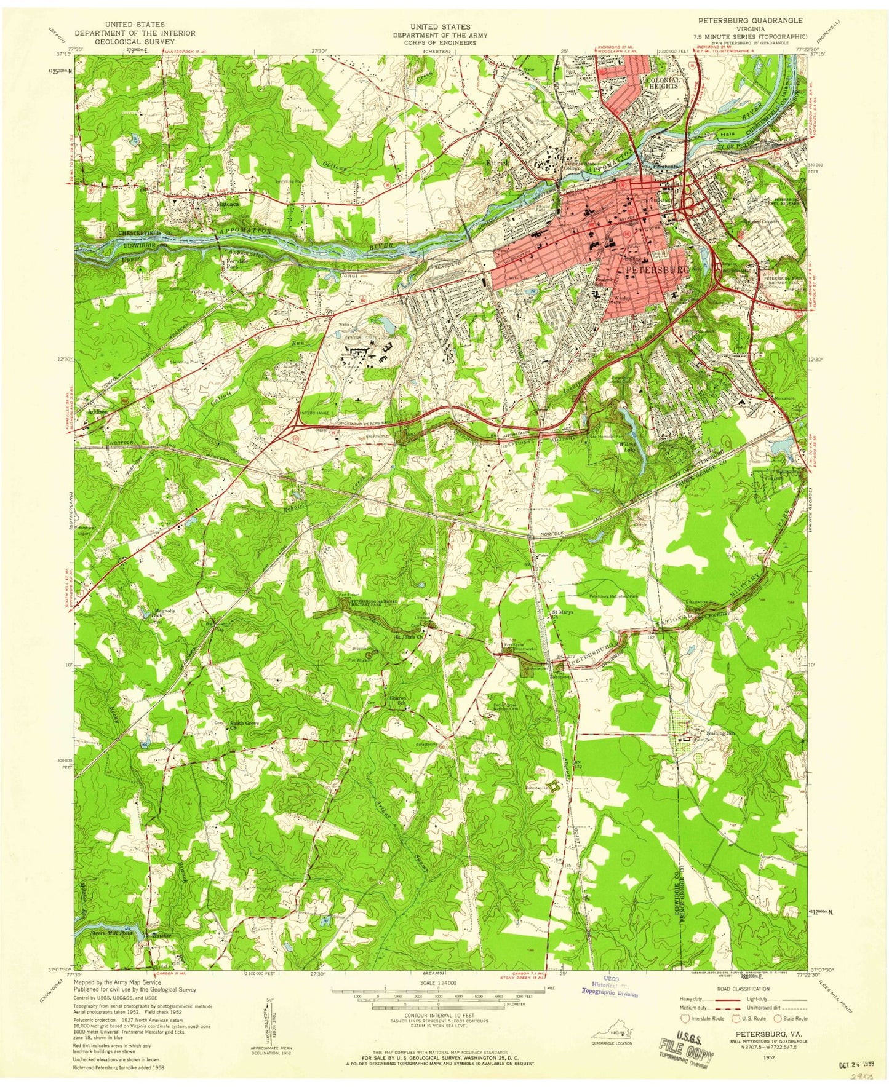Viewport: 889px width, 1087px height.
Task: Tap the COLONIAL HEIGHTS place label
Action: pos(662,83)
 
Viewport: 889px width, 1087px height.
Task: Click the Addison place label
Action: pos(97,411)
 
